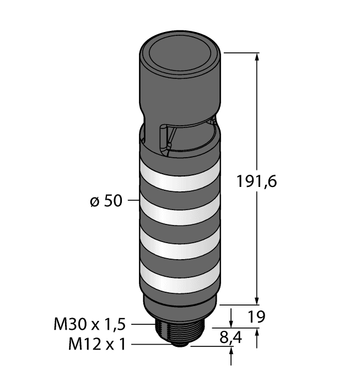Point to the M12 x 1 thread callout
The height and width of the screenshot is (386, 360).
tap(97, 345)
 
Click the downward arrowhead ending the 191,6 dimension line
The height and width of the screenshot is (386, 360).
tap(257, 299)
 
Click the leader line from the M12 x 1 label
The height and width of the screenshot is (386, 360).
tap(149, 345)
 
